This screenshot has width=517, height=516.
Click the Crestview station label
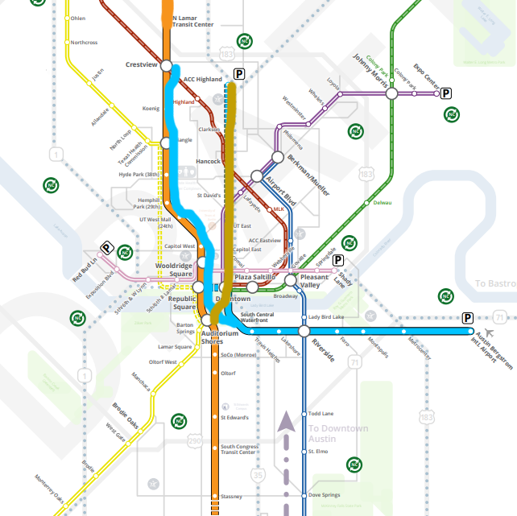pyautogui.click(x=141, y=64)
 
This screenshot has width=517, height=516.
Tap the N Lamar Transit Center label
pyautogui.click(x=193, y=19)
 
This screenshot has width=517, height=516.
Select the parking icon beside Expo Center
pyautogui.click(x=446, y=93)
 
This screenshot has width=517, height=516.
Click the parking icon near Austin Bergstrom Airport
pyautogui.click(x=467, y=318)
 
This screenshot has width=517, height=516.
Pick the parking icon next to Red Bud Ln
pyautogui.click(x=105, y=248)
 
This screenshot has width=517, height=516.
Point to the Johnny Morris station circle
pyautogui.click(x=391, y=94)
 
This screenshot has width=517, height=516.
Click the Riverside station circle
pyautogui.click(x=304, y=331)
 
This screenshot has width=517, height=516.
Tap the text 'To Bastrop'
pyautogui.click(x=494, y=283)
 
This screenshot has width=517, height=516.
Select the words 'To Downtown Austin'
pyautogui.click(x=337, y=434)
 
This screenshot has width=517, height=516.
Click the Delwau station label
pyautogui.click(x=383, y=203)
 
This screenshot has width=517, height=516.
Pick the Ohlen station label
pyautogui.click(x=78, y=18)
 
